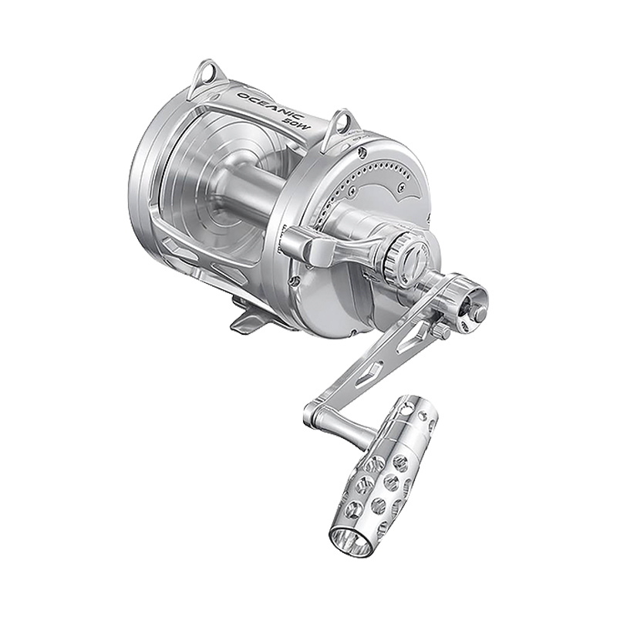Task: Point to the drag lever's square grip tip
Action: (320, 252)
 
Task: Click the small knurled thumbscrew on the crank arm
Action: (443, 332)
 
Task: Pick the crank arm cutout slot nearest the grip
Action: (368, 372)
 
